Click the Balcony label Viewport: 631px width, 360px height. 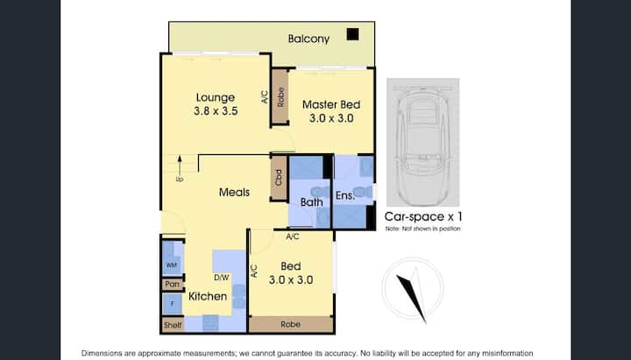(x=308, y=39)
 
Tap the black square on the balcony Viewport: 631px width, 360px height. (x=352, y=34)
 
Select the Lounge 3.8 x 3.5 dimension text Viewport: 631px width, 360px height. (x=216, y=111)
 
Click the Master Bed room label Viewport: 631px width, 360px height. (x=331, y=104)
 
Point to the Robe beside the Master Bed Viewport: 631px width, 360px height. (x=280, y=97)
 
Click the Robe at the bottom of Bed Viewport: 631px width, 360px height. (x=291, y=324)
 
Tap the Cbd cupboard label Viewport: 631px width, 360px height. (x=278, y=178)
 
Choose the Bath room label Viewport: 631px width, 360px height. (x=311, y=202)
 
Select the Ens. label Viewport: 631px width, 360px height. (x=345, y=195)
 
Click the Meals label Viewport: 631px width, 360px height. (x=234, y=193)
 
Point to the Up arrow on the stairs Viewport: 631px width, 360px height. (x=180, y=165)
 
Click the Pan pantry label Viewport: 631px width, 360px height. (x=173, y=284)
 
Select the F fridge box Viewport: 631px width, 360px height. (x=173, y=304)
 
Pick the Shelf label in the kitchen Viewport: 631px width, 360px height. (x=173, y=325)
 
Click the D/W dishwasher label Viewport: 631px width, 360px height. (x=222, y=277)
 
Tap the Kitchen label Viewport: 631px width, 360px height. (x=208, y=296)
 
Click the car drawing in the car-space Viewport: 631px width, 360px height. (x=422, y=146)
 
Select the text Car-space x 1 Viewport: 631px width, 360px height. (x=423, y=217)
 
